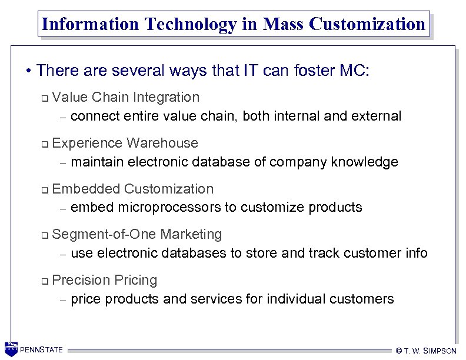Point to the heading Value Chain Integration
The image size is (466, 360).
126,97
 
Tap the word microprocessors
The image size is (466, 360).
177,207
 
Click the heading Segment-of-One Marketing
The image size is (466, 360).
137,234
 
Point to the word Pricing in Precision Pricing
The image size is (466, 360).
136,280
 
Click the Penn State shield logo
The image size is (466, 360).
11,349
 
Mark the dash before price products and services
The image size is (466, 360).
63,300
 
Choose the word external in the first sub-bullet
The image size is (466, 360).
376,116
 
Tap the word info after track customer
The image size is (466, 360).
415,253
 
